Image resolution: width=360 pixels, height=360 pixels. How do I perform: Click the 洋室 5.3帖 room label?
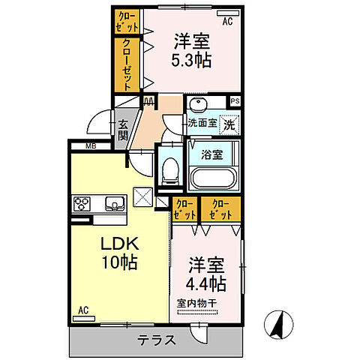coord(192,50)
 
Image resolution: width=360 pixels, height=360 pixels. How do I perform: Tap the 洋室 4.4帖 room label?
coord(205,275)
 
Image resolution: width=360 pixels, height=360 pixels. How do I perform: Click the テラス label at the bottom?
coord(156,340)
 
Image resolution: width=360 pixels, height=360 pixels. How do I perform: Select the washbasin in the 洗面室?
coord(198,106)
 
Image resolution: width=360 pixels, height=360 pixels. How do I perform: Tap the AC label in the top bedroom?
coord(227,21)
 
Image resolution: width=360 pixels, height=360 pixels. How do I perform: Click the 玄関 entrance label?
coord(122,130)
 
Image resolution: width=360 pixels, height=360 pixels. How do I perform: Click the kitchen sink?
coord(115,202)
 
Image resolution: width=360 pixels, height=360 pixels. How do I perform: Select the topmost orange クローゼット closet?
coord(125,20)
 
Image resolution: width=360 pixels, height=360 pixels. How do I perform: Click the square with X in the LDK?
coord(142,197)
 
